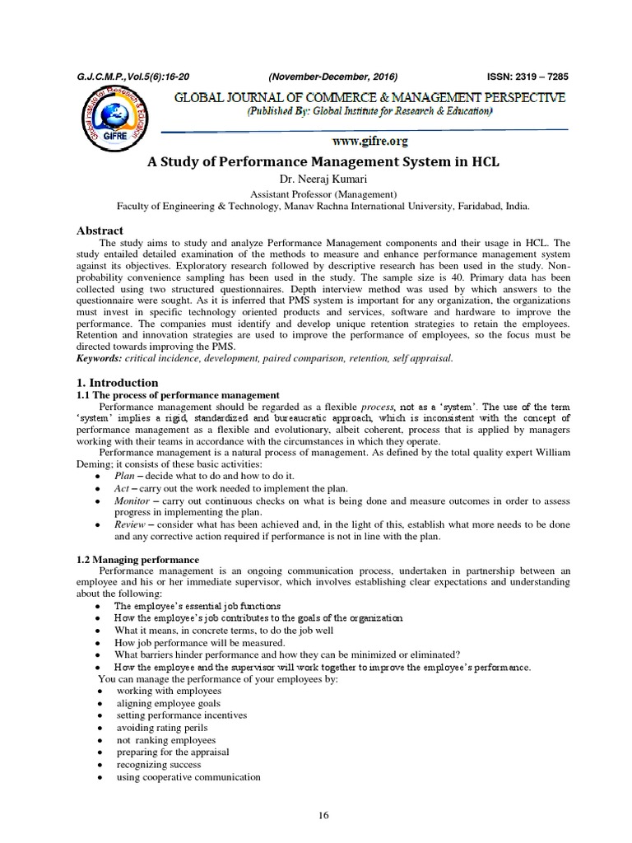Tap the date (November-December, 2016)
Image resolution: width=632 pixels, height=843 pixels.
click(333, 77)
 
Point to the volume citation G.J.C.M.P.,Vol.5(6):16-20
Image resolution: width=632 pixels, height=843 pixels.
click(128, 77)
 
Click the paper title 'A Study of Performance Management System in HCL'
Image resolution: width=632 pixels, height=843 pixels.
click(316, 161)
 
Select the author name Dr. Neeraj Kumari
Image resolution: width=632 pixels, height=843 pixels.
click(316, 179)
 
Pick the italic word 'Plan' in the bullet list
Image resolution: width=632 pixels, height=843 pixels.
click(125, 476)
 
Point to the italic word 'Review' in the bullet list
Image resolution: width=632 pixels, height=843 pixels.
click(130, 524)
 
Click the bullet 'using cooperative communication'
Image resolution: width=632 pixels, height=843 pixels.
click(188, 777)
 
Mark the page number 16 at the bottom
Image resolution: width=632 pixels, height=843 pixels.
click(323, 815)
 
